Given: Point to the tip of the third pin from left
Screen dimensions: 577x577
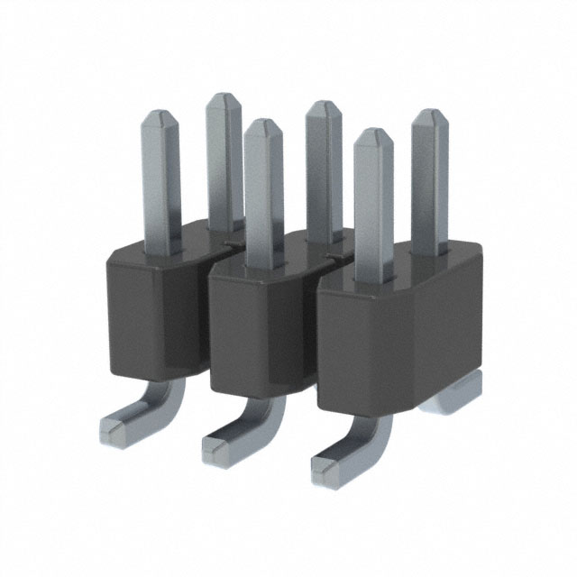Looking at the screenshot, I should pyautogui.click(x=262, y=127).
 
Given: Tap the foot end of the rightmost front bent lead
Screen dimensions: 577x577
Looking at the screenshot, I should pyautogui.click(x=330, y=463).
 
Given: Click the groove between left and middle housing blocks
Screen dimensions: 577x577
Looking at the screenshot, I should pyautogui.click(x=206, y=325).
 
